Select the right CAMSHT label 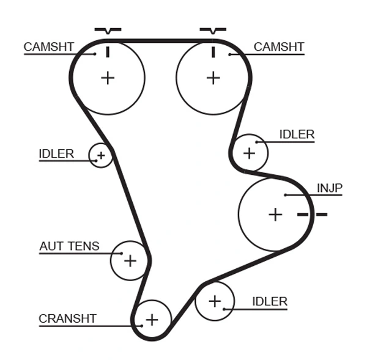[x=278, y=47]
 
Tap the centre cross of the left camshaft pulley [x=108, y=78]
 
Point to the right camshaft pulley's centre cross [x=213, y=78]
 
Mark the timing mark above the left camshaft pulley [x=108, y=30]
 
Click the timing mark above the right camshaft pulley [x=213, y=30]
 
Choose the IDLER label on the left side [x=56, y=154]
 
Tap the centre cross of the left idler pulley [x=102, y=156]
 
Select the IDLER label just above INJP [x=297, y=134]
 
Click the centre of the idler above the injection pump [x=249, y=152]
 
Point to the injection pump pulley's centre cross [x=276, y=215]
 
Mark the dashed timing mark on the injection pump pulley [x=312, y=215]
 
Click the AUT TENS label [x=69, y=246]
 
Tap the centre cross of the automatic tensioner [x=130, y=261]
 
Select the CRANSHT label [x=67, y=318]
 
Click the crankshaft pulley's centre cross [x=151, y=320]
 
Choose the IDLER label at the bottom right [x=270, y=301]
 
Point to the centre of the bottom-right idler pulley [x=214, y=301]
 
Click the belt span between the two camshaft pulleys [x=160, y=41]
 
